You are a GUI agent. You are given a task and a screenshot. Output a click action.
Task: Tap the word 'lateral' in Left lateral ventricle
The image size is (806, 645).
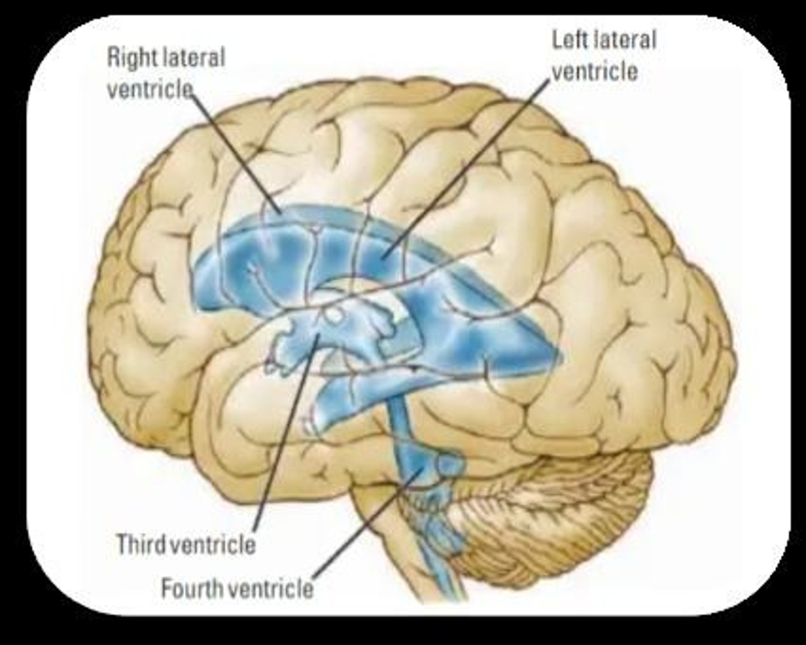[x=625, y=40]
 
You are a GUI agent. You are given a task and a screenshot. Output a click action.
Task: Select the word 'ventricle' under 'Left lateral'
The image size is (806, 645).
[x=594, y=71]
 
